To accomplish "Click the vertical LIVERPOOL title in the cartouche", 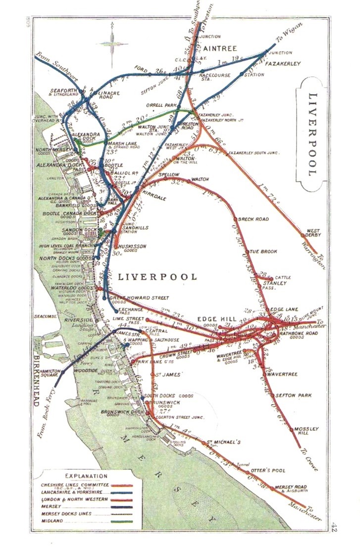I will coord(311,134).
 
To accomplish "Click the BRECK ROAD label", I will coord(253,219).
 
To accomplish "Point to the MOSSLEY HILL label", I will coord(307,431).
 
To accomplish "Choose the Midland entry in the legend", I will coord(52,521).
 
